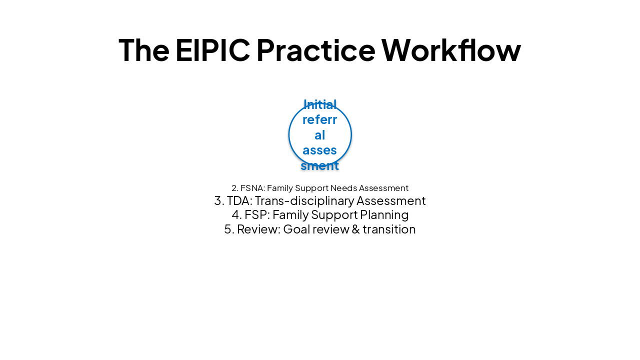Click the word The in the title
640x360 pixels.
pos(144,50)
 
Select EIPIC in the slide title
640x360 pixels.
pos(212,50)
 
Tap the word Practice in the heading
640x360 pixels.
pos(315,50)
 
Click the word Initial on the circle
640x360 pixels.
pos(320,104)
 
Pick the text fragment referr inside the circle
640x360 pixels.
pos(320,120)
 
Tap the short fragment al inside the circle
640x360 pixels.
pos(320,135)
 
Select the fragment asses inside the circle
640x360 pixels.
pos(320,150)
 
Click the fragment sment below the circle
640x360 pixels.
pos(320,165)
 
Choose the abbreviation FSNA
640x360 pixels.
pos(252,188)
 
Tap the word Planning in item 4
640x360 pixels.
pos(384,215)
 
